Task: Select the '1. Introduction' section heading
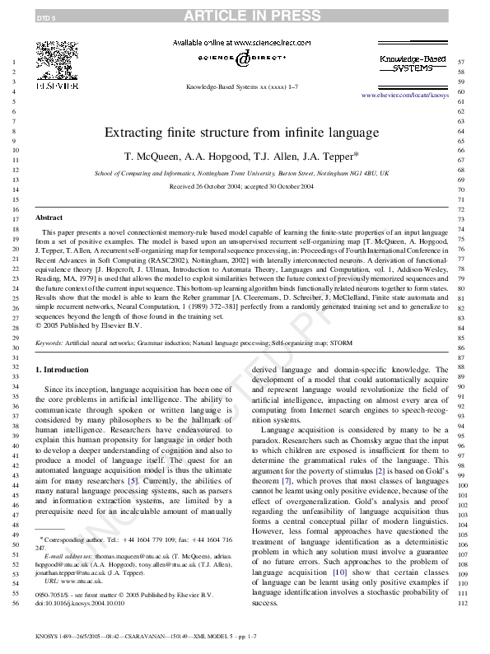tap(67, 370)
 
